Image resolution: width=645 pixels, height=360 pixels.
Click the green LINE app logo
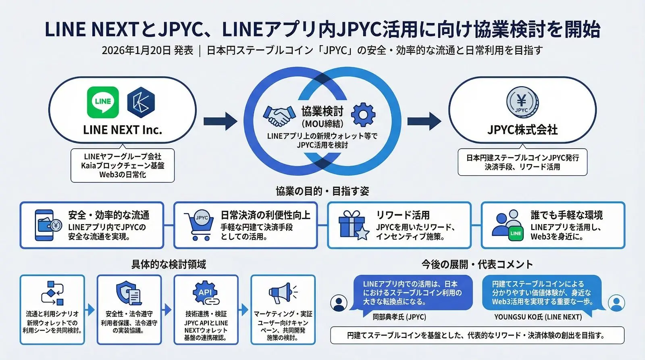click(x=103, y=102)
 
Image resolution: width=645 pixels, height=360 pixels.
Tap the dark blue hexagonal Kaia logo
click(x=141, y=103)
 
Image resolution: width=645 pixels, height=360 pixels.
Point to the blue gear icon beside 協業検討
click(x=363, y=115)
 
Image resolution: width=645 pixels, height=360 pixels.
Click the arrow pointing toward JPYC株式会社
click(x=424, y=121)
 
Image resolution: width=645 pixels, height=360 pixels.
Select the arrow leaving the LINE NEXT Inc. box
click(x=220, y=121)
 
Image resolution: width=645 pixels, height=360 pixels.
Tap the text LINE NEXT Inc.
click(x=123, y=130)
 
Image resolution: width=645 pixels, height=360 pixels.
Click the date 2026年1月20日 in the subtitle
click(x=136, y=50)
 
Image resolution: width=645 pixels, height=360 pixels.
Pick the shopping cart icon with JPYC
click(x=199, y=225)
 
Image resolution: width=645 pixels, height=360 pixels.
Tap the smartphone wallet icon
click(x=47, y=225)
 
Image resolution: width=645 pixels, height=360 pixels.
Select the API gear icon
click(x=205, y=293)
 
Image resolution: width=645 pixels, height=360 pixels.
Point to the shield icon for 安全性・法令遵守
click(x=128, y=293)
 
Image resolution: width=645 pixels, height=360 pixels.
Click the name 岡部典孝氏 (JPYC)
click(x=399, y=317)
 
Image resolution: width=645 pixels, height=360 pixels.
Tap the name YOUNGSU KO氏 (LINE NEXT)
click(x=538, y=317)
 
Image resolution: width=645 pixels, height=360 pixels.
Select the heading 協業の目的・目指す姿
click(x=322, y=191)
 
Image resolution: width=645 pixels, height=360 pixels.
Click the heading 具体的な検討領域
click(x=169, y=264)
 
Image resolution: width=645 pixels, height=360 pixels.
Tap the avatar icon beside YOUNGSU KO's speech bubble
click(x=616, y=302)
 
